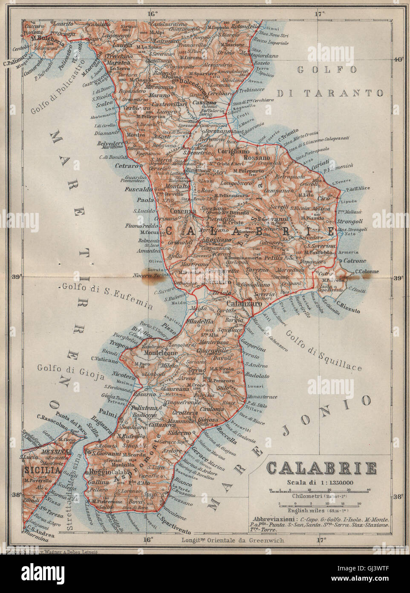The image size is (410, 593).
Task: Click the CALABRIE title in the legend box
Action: tap(321, 468)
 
